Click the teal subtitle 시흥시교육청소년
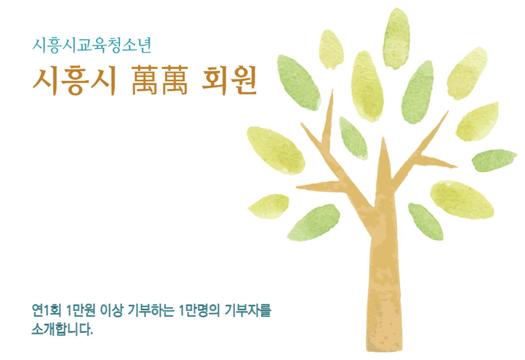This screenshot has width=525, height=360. (x=92, y=46)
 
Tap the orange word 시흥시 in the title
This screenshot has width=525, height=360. (x=74, y=81)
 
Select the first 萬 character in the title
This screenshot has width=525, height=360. (x=145, y=80)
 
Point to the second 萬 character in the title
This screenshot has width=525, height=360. (x=175, y=80)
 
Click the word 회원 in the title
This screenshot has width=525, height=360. (x=229, y=80)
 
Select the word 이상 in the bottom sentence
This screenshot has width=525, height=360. (x=112, y=310)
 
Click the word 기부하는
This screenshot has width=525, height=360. (x=151, y=310)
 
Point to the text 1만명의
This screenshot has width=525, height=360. (x=199, y=310)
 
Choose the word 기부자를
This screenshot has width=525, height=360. (x=247, y=310)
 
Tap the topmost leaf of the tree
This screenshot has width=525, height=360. (x=397, y=38)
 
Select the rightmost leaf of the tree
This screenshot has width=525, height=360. (x=494, y=160)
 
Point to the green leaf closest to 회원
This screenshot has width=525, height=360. (x=298, y=83)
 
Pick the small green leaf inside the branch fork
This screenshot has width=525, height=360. (x=353, y=138)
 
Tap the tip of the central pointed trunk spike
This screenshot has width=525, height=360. (x=384, y=137)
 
